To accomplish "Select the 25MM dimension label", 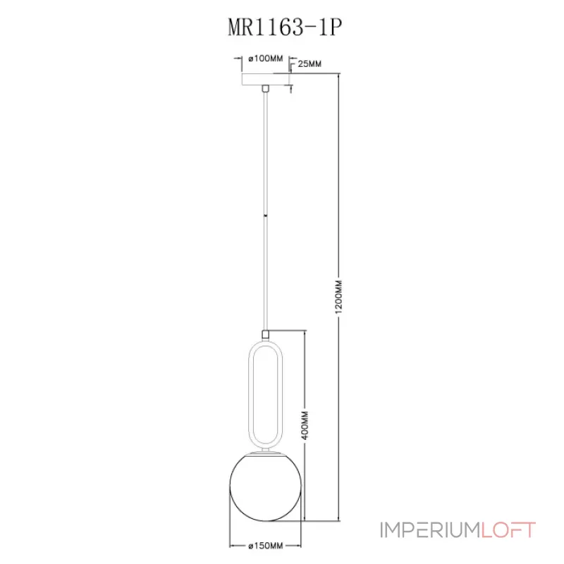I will (310, 64).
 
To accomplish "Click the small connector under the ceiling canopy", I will (265, 90).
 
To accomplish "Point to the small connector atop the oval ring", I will (265, 334).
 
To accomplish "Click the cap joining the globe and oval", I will (266, 449).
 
